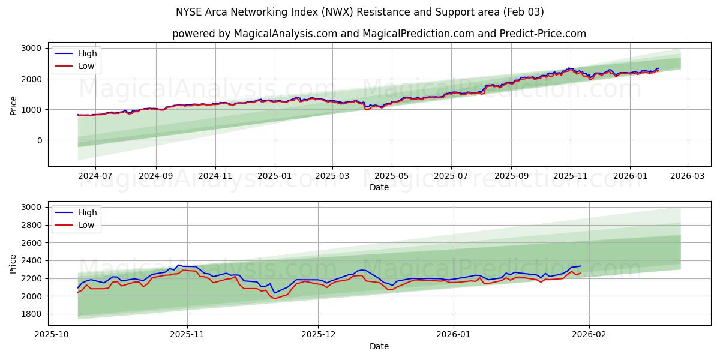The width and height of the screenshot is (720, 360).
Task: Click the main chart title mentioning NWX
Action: click(x=360, y=12)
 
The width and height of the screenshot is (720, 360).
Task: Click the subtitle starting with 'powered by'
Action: click(x=379, y=34)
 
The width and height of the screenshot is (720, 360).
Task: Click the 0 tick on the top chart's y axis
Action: click(x=39, y=140)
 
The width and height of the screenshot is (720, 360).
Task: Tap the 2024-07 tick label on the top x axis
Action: click(x=95, y=176)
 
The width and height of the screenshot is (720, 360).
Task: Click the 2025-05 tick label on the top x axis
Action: click(x=392, y=176)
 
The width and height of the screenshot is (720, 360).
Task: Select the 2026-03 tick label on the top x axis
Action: click(x=687, y=176)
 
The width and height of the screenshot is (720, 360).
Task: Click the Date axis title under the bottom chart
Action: click(x=379, y=346)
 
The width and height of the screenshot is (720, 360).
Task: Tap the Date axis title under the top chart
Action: click(x=379, y=187)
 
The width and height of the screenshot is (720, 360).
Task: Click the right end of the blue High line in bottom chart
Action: click(x=580, y=266)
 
